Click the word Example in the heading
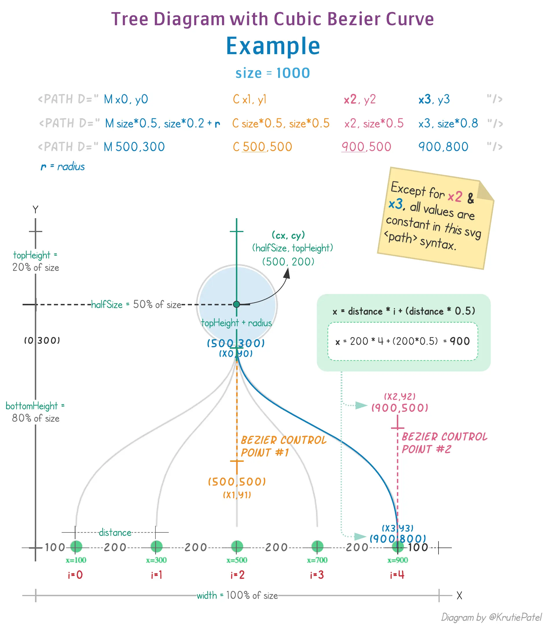[273, 46]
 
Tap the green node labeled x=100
[76, 546]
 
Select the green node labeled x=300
[156, 546]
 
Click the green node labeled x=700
[317, 546]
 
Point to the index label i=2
[237, 575]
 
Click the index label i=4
[397, 575]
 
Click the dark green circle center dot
[236, 304]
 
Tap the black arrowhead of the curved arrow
[287, 273]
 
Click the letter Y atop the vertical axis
[35, 210]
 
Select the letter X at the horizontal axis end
[459, 596]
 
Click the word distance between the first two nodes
[115, 532]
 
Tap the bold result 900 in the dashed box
[459, 341]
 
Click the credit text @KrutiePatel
[515, 617]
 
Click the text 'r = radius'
[63, 167]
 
